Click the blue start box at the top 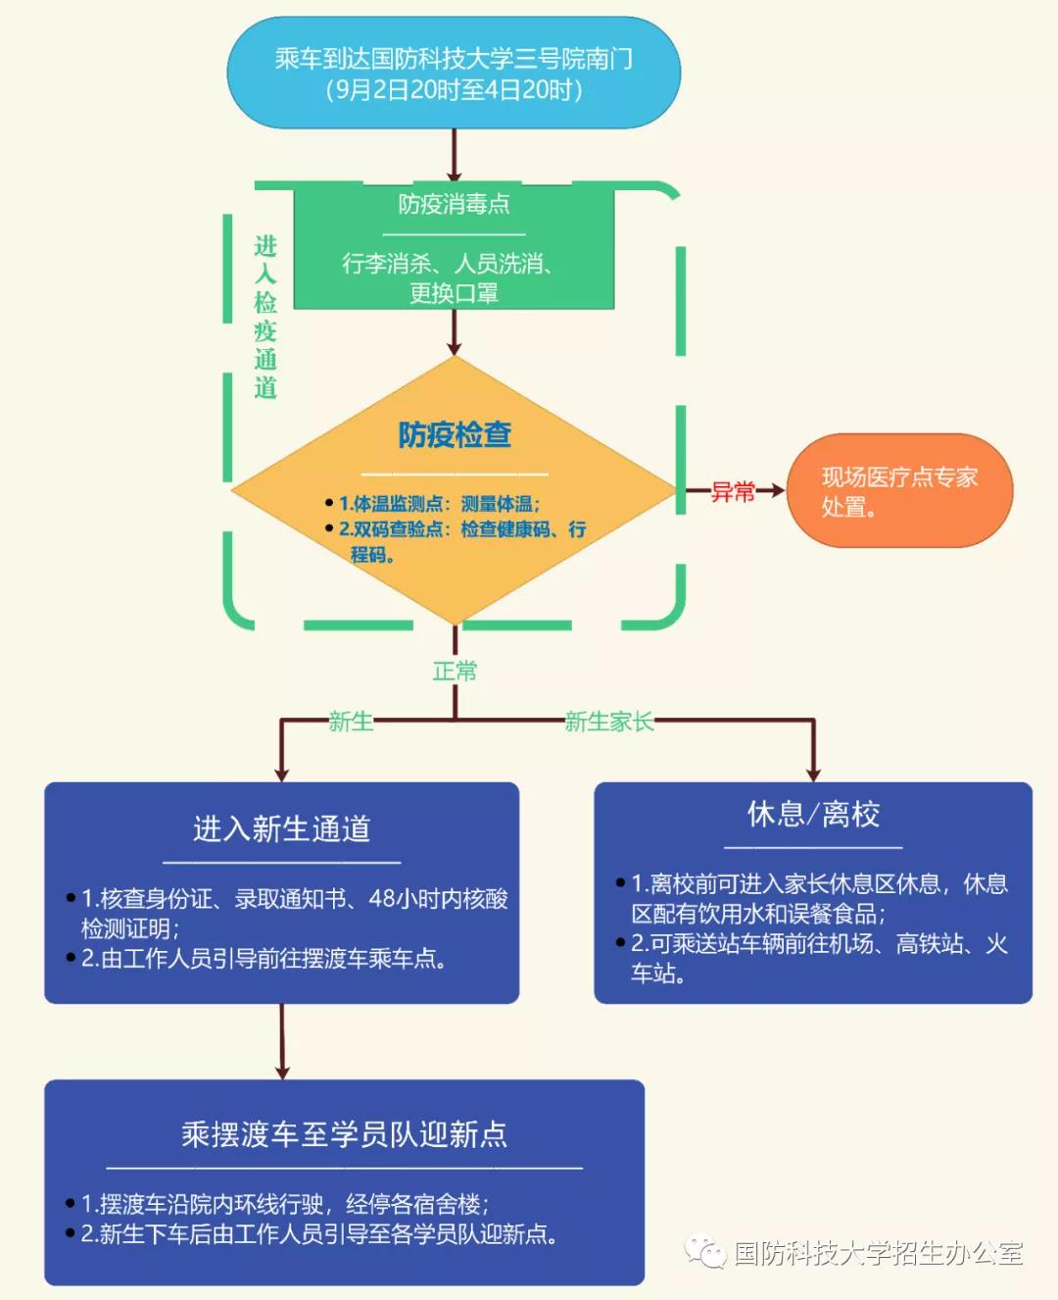click(454, 73)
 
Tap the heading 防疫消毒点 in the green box click(454, 204)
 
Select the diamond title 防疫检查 click(455, 434)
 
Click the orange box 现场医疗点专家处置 click(899, 491)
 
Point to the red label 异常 click(733, 492)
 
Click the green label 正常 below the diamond click(455, 672)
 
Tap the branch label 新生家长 click(609, 723)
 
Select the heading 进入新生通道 click(282, 829)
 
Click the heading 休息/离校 click(813, 814)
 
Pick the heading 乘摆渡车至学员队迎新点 click(344, 1134)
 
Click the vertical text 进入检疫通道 click(265, 317)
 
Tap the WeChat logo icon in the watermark click(704, 1251)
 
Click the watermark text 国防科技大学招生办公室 click(879, 1253)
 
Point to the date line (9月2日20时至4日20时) click(454, 90)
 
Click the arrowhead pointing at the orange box click(777, 490)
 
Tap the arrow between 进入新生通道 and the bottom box click(282, 1041)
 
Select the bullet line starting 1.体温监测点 click(439, 504)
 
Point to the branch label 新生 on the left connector click(350, 723)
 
